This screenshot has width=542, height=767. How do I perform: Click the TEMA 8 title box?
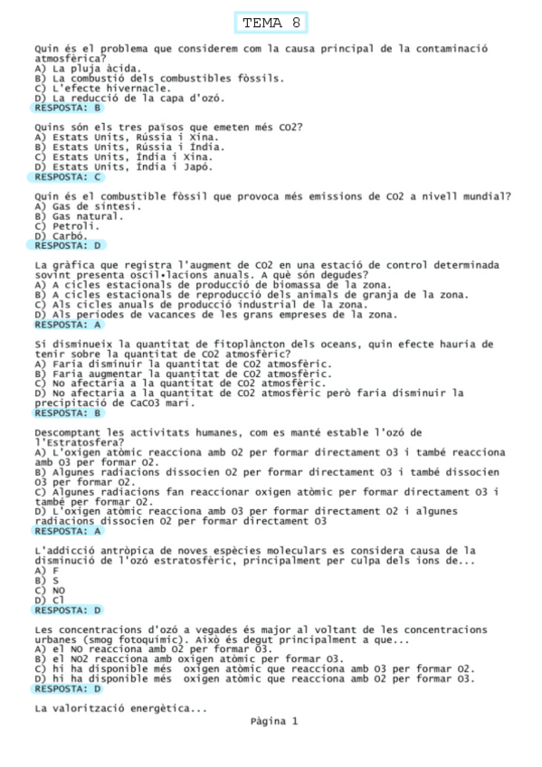tap(272, 22)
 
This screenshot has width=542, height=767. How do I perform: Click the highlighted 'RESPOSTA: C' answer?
tap(69, 177)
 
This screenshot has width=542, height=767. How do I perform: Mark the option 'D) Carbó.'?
tap(62, 236)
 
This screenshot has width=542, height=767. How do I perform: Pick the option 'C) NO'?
tap(49, 590)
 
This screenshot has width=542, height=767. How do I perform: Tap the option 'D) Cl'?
tap(49, 600)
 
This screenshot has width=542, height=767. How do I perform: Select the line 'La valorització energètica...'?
tap(120, 708)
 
